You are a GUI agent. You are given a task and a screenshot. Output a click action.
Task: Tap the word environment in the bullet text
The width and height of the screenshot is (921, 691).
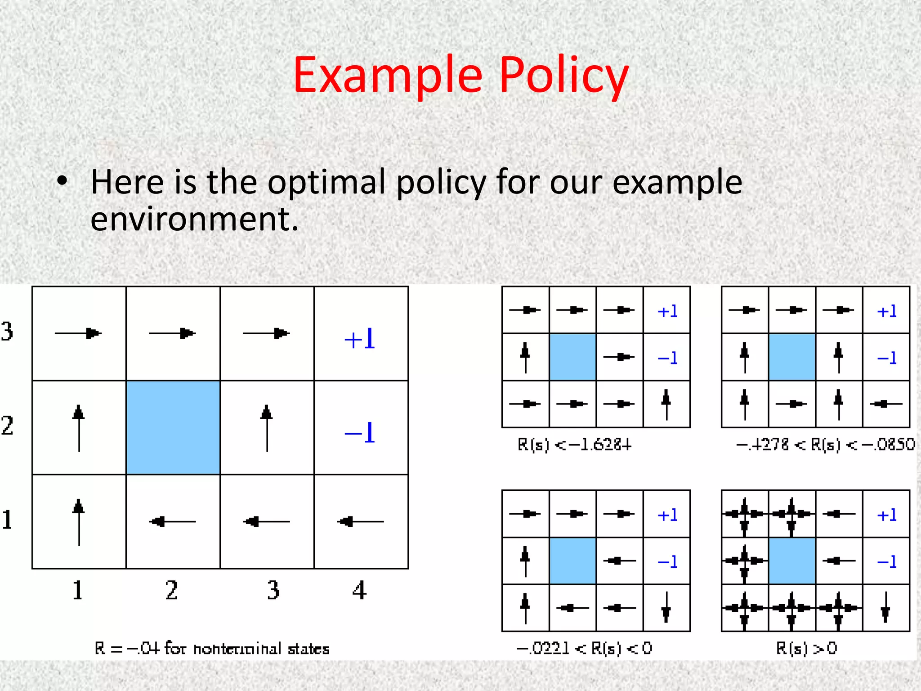(194, 219)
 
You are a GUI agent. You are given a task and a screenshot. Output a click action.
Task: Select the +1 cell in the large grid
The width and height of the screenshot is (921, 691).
(360, 339)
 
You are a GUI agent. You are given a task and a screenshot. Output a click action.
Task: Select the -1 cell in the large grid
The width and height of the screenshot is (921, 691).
(360, 433)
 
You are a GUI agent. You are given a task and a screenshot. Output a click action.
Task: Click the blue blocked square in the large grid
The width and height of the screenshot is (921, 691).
(173, 427)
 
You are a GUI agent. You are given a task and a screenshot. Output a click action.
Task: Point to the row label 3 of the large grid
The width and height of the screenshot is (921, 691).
(7, 331)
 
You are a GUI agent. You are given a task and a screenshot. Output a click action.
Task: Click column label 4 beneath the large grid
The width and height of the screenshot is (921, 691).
(359, 591)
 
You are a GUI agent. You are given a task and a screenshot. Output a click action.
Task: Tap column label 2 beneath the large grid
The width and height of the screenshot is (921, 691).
(171, 591)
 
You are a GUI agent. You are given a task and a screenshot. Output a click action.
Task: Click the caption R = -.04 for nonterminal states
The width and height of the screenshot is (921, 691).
(212, 649)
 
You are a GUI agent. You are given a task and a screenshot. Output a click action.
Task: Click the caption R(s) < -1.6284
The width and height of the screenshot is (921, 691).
(575, 445)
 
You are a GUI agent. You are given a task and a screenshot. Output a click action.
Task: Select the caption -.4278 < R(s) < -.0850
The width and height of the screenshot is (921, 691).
(825, 445)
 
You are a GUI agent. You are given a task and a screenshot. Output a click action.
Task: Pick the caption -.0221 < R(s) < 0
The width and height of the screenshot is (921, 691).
(584, 649)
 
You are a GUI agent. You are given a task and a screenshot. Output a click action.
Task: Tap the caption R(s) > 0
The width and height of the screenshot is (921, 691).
(806, 649)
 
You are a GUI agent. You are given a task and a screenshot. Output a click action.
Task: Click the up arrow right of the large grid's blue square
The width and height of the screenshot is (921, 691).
(267, 427)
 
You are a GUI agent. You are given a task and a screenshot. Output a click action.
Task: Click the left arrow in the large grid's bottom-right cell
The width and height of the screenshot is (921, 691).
(360, 522)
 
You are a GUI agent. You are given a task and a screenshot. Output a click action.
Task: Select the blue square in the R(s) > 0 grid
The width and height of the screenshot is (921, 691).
(792, 561)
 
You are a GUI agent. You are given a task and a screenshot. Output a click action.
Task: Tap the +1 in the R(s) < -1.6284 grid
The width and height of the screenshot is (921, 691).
(667, 311)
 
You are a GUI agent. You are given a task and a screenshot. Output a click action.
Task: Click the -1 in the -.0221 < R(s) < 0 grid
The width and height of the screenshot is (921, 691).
(667, 561)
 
